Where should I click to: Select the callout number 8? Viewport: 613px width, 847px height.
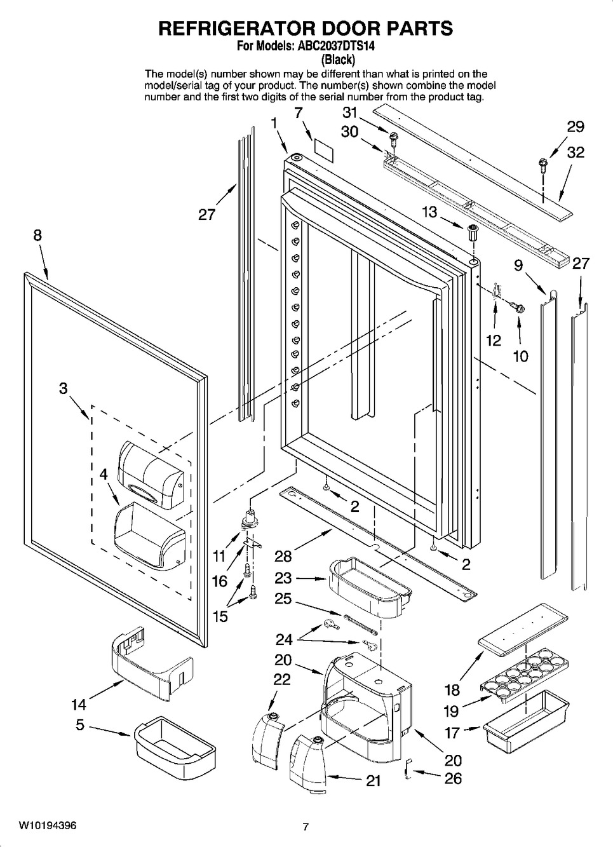pos(37,235)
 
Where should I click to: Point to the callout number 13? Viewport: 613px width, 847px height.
pos(430,212)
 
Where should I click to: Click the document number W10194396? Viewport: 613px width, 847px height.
pos(48,826)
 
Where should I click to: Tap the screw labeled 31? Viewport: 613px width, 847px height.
pos(393,136)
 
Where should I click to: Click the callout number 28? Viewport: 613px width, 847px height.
pos(283,557)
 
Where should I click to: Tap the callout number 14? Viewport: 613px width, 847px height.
pos(79,704)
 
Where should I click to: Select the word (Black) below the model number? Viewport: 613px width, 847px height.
pos(337,60)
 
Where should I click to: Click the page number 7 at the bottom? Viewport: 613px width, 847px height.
pos(306,827)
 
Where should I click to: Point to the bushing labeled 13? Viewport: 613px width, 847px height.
pos(472,232)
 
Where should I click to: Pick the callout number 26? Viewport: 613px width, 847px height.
pos(453,778)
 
